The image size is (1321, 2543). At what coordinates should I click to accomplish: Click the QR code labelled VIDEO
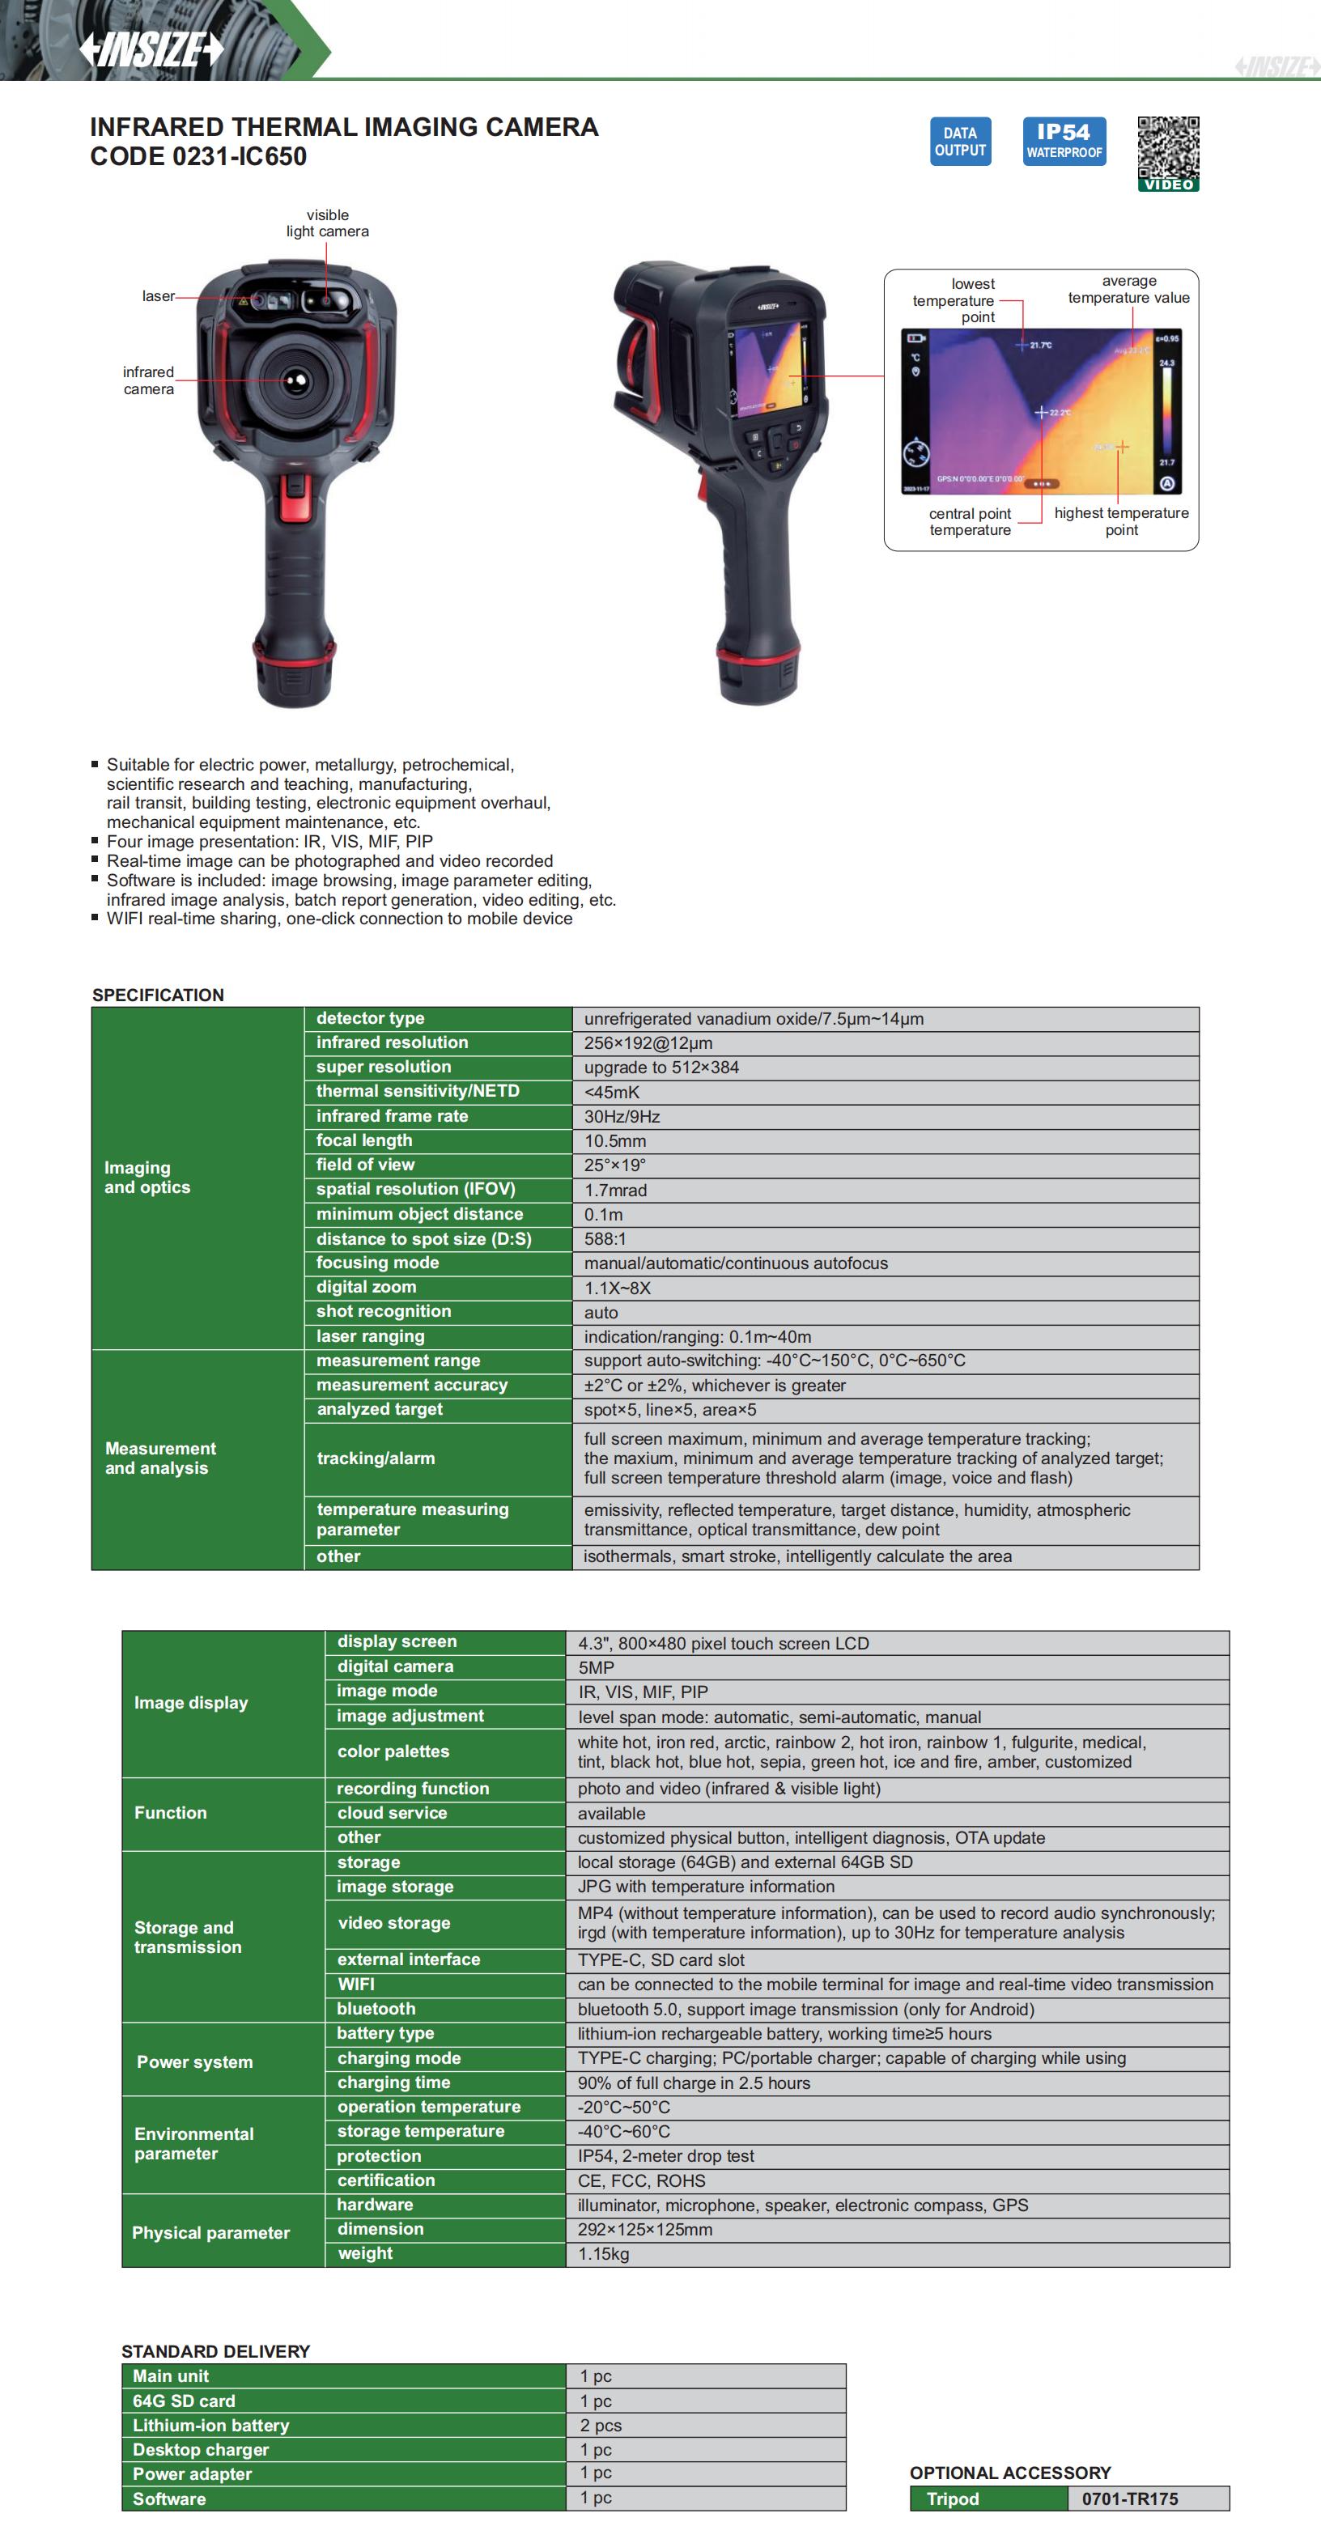1168,153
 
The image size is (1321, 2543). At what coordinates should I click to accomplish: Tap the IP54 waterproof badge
1064,141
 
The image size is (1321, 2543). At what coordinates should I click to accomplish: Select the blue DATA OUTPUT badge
960,141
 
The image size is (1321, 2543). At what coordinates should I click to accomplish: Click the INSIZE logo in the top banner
151,49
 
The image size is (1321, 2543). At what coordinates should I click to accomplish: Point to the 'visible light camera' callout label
328,223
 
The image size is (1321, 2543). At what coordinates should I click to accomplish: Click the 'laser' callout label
158,296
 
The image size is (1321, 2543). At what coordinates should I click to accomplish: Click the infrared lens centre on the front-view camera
294,381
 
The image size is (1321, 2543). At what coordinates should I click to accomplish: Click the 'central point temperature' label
970,521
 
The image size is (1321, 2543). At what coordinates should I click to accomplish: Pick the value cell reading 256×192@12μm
648,1043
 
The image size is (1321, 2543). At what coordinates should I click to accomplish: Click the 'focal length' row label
364,1140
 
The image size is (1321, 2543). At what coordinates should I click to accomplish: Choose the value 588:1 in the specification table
605,1239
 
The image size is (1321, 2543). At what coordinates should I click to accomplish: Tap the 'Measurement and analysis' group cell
160,1458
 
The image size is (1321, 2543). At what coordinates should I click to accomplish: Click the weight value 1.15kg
603,2254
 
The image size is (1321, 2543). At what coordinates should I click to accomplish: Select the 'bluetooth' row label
376,2009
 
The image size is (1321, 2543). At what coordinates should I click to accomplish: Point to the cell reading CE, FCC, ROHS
642,2180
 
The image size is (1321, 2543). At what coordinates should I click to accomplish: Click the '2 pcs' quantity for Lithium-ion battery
601,2426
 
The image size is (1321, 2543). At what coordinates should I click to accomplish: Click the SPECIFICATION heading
158,995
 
